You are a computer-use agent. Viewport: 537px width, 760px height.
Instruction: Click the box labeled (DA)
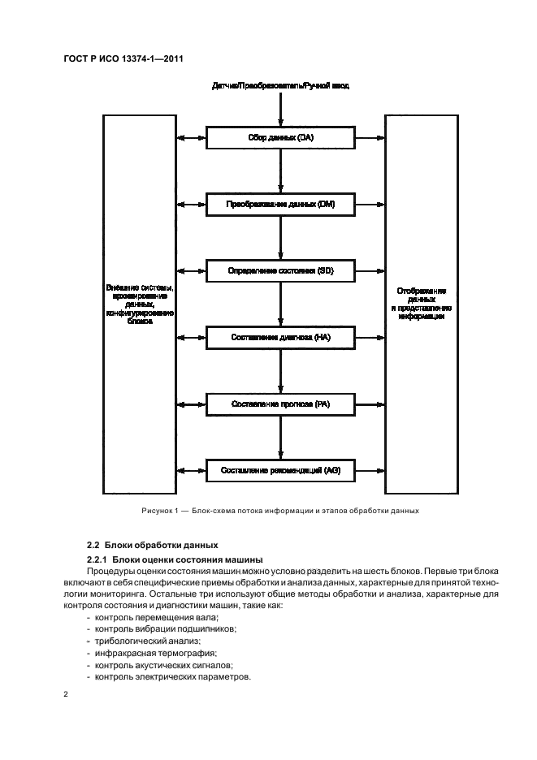280,139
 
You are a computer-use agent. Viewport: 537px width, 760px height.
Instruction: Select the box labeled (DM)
280,205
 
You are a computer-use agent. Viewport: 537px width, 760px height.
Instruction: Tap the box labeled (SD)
280,270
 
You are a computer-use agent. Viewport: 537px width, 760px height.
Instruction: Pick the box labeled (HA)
280,336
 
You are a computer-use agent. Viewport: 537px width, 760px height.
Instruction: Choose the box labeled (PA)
280,403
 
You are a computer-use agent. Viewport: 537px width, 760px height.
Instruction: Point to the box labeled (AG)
280,469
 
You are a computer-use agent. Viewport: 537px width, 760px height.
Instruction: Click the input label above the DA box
280,85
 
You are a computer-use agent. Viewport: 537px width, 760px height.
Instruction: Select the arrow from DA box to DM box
280,171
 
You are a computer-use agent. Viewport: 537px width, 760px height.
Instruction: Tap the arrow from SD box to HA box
280,303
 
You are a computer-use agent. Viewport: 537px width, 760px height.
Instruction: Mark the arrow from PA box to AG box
280,436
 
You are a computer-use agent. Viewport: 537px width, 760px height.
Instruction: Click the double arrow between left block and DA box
193,139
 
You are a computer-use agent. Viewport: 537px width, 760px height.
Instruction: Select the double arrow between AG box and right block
369,469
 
